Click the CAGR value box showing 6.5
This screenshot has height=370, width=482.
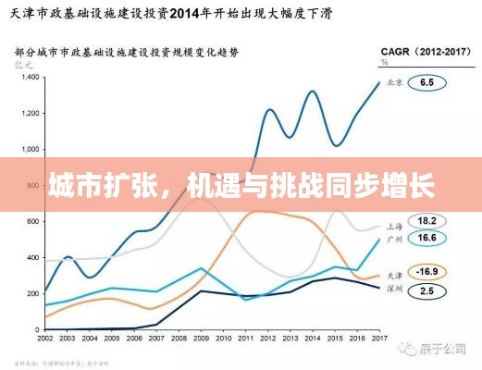[x=427, y=82]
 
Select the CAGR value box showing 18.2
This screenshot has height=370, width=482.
[x=427, y=222]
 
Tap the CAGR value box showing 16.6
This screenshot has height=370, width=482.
[x=427, y=238]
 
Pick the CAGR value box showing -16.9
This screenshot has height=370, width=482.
[x=427, y=272]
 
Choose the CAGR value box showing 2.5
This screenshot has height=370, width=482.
[x=427, y=290]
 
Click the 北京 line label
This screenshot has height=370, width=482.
[x=394, y=82]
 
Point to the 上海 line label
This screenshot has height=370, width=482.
[x=394, y=224]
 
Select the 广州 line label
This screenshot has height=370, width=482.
[x=394, y=239]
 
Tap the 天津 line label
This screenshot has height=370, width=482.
[x=394, y=274]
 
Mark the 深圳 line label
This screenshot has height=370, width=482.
[x=394, y=290]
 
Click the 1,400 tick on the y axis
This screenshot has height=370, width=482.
[x=29, y=78]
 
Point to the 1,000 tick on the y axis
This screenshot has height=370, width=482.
[x=29, y=149]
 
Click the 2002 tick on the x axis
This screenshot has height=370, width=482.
[x=45, y=339]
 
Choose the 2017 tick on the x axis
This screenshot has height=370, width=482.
[x=378, y=339]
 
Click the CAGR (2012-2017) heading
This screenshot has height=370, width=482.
[x=420, y=53]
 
